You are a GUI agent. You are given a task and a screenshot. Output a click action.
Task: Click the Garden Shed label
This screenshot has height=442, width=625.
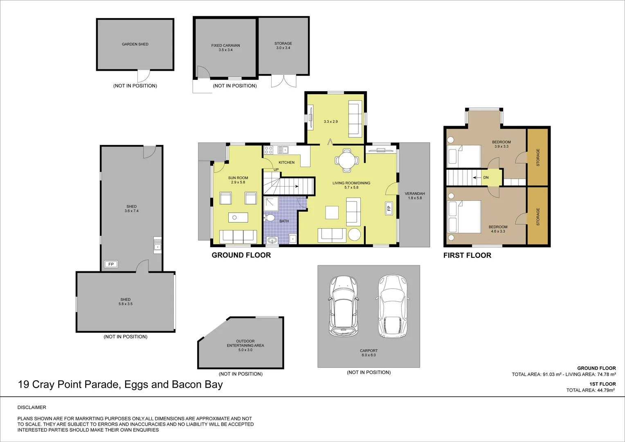(x=135, y=44)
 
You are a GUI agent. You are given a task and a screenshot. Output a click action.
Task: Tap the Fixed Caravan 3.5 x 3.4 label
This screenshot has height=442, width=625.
(x=225, y=47)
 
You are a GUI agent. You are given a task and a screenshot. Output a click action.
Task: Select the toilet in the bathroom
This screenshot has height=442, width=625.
(x=270, y=218)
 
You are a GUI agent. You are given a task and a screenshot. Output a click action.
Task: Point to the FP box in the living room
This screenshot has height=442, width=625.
(x=389, y=208)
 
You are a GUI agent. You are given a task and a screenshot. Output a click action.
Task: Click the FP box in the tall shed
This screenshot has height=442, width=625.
(x=111, y=264)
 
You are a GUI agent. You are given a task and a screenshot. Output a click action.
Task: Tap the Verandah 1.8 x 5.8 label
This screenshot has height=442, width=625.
(x=415, y=196)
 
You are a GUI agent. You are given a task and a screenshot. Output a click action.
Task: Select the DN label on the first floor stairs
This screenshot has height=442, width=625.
(x=486, y=178)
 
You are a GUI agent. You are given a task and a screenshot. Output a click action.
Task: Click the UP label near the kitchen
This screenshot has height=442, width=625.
(x=276, y=169)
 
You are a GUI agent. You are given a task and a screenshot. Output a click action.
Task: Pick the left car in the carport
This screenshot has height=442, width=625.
(x=343, y=306)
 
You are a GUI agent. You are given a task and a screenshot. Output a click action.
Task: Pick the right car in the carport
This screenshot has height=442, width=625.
(x=393, y=306)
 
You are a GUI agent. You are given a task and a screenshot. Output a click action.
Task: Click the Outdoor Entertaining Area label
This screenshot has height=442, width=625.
(x=245, y=345)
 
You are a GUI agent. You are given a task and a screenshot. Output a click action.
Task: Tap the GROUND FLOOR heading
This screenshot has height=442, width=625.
(x=241, y=255)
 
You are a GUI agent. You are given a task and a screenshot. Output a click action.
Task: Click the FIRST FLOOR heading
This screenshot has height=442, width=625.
(x=467, y=255)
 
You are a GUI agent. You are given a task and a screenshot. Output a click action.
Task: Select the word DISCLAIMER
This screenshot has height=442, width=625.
(x=32, y=408)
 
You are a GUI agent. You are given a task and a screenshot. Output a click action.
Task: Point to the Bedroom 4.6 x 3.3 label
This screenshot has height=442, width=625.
(x=498, y=229)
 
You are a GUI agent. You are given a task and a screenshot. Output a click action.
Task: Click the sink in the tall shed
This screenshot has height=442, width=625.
(x=157, y=245)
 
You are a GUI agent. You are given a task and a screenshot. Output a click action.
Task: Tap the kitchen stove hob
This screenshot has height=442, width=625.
(x=268, y=150)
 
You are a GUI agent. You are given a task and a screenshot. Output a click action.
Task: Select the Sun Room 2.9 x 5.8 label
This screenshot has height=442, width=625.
(x=238, y=180)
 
